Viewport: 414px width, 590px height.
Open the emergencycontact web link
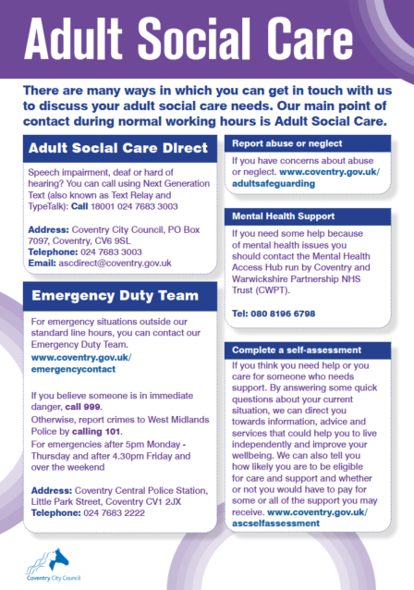[x=73, y=368]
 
